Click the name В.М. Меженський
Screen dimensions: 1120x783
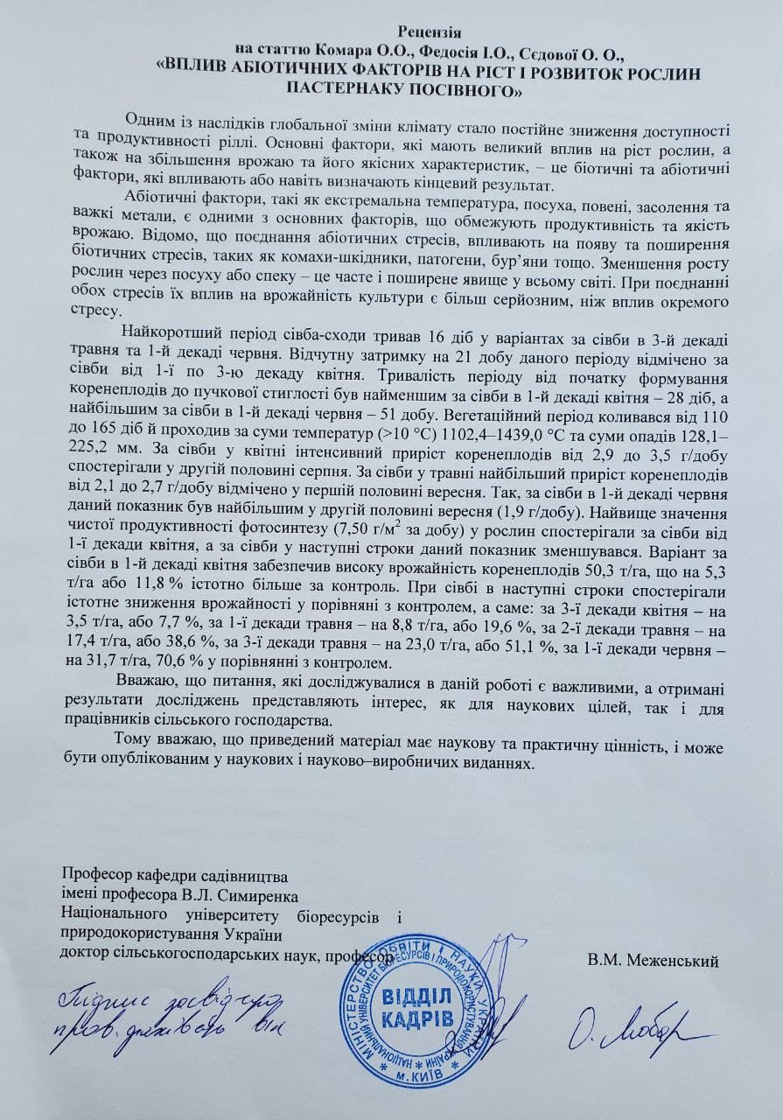click(654, 961)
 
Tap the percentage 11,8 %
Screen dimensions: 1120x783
click(138, 586)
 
